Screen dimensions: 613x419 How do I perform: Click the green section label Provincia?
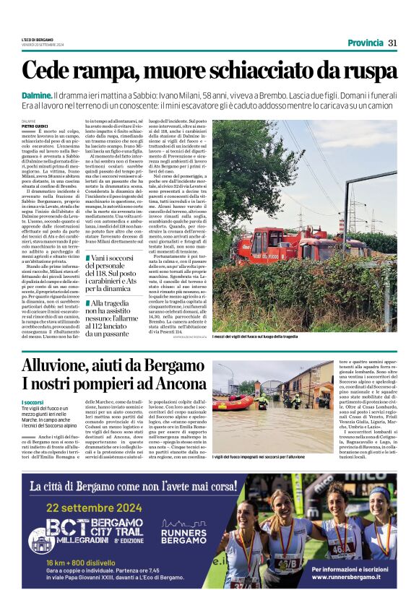click(x=366, y=43)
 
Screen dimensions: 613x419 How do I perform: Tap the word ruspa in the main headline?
click(x=369, y=71)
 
